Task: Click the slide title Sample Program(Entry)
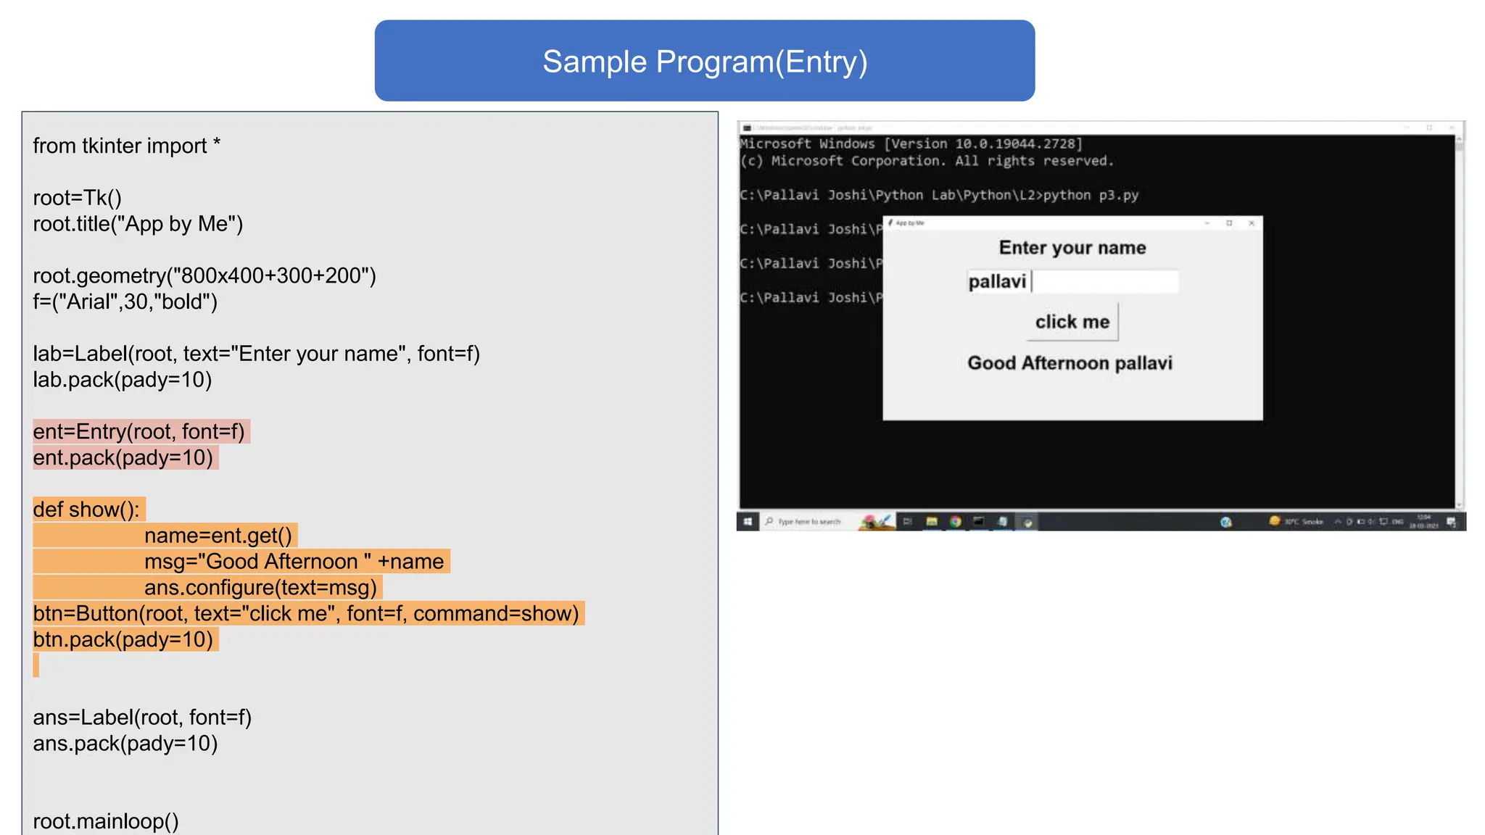(704, 62)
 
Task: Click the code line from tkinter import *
(127, 146)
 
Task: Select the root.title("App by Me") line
(138, 224)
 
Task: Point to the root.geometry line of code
(204, 276)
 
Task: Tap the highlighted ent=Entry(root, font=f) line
(139, 432)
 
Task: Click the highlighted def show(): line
(86, 510)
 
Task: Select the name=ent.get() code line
(218, 536)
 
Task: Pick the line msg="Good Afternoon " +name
(294, 562)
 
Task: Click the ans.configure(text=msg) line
(260, 588)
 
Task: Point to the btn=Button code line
(306, 614)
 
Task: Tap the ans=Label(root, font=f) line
(142, 718)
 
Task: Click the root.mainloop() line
(106, 821)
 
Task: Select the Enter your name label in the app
(1072, 248)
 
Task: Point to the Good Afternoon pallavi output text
(1070, 363)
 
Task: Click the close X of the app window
(1252, 223)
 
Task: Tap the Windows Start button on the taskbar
(748, 522)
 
